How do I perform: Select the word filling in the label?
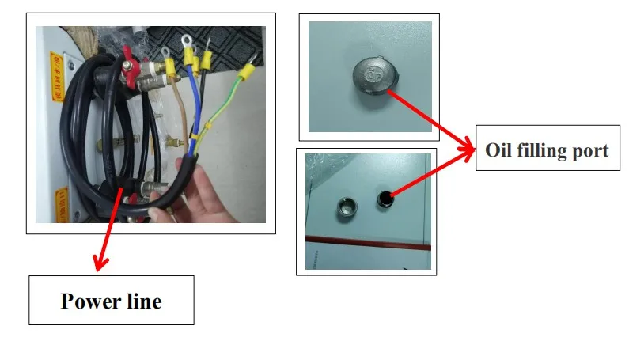tap(546, 150)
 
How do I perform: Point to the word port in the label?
tap(592, 150)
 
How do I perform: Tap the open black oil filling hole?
tap(385, 196)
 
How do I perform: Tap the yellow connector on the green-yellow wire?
tap(246, 74)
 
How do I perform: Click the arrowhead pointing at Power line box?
tap(99, 264)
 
